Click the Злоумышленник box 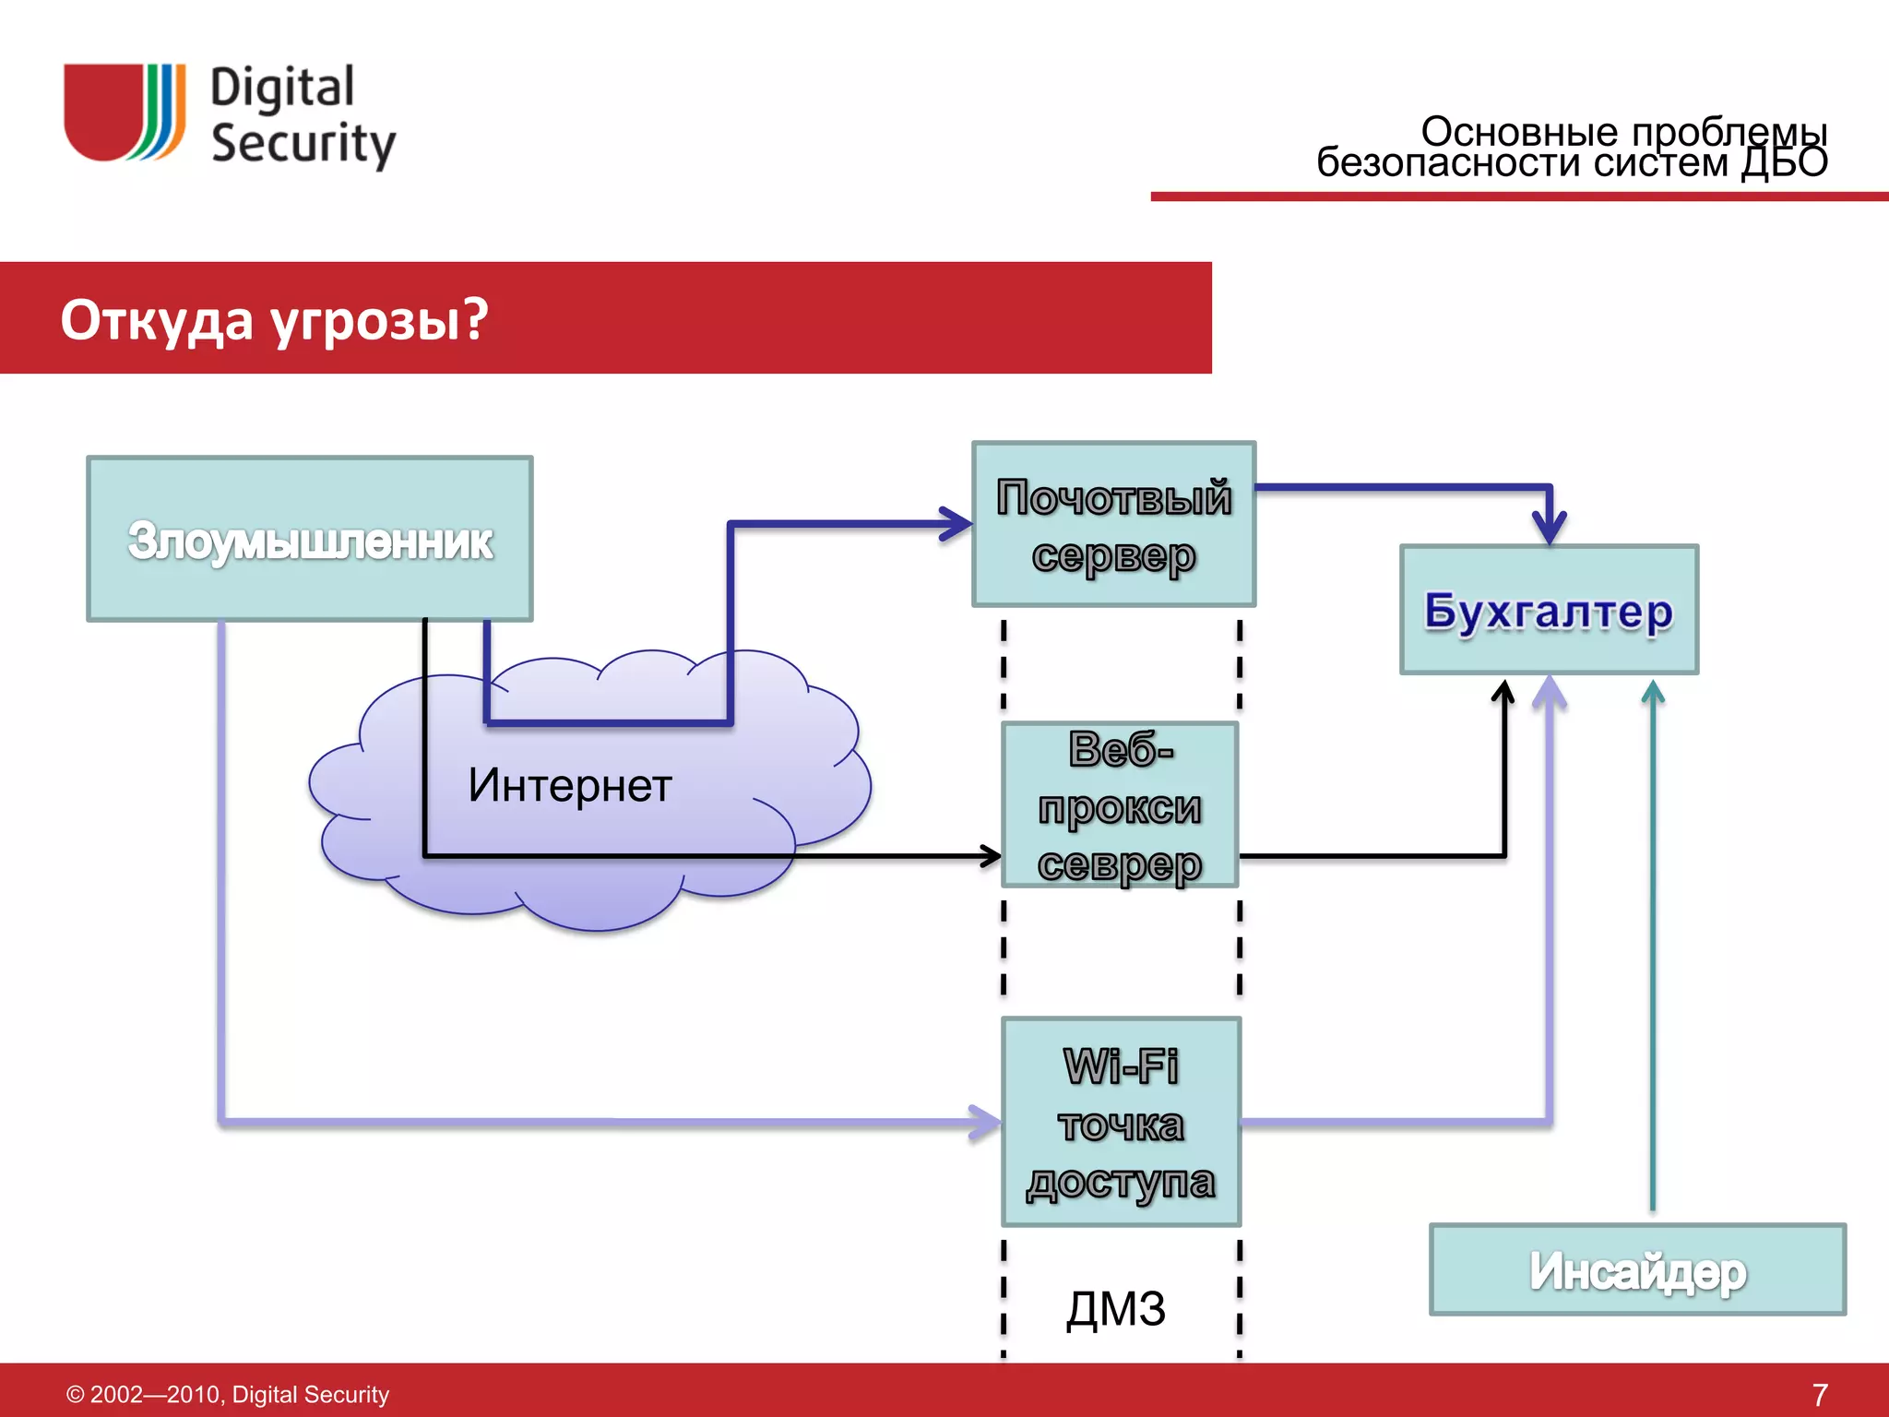point(310,539)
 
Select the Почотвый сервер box point(1113,524)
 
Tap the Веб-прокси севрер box point(1120,805)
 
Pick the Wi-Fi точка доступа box point(1121,1122)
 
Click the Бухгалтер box point(1549,610)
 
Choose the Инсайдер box point(1637,1270)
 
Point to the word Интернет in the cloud point(570,785)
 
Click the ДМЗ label point(1116,1308)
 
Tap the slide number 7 point(1819,1394)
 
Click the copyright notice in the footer point(228,1394)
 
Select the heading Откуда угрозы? point(274,319)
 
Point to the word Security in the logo point(303,144)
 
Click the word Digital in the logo point(282,89)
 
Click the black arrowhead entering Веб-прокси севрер point(992,856)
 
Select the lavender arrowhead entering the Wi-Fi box point(987,1122)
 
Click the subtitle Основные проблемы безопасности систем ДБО point(1573,148)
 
